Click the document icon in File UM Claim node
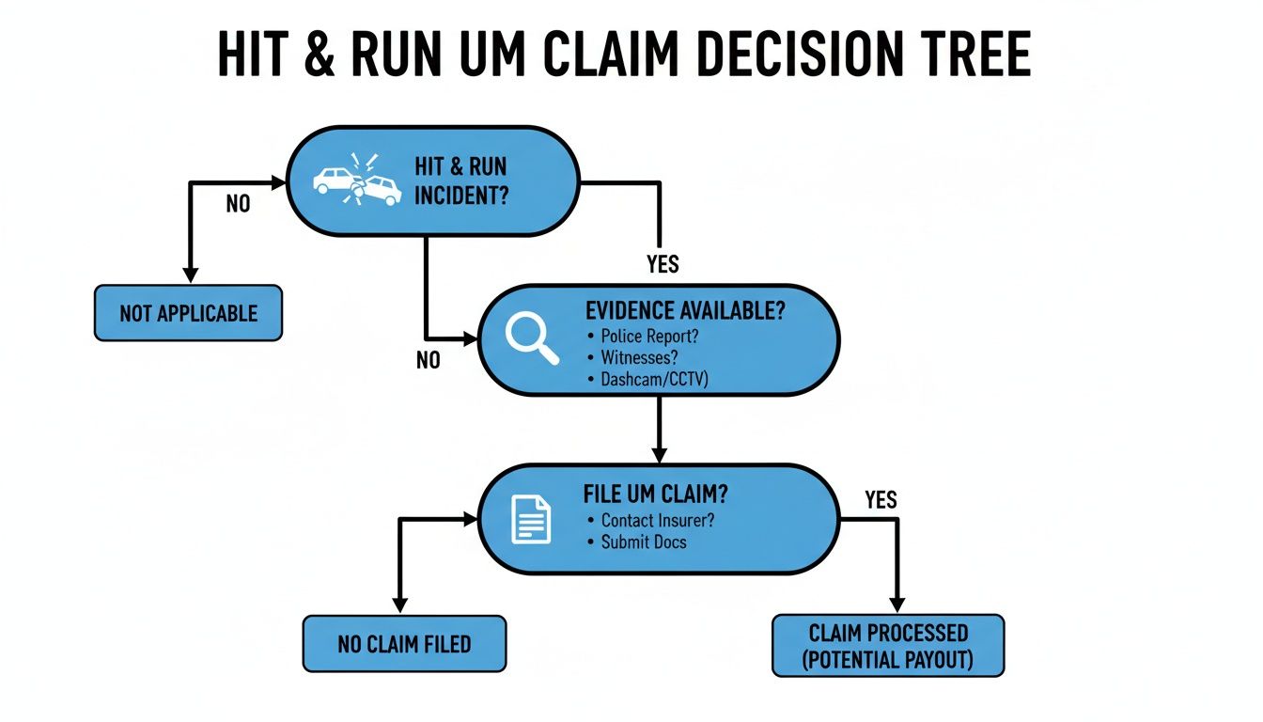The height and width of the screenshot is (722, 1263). (x=531, y=518)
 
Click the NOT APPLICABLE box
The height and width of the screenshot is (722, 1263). (x=188, y=313)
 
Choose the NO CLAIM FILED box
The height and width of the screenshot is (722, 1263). (x=404, y=644)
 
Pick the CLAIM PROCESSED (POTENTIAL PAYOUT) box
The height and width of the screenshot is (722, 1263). (x=888, y=645)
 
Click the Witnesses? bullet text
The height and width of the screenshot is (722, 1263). (x=638, y=358)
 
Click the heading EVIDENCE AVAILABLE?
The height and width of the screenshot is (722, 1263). (x=683, y=312)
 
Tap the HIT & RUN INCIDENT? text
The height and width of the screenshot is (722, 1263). (x=460, y=181)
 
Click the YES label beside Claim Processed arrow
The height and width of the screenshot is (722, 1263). (x=881, y=499)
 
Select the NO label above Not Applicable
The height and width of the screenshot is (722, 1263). (x=238, y=203)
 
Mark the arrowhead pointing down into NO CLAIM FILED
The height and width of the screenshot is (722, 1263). (x=401, y=605)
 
